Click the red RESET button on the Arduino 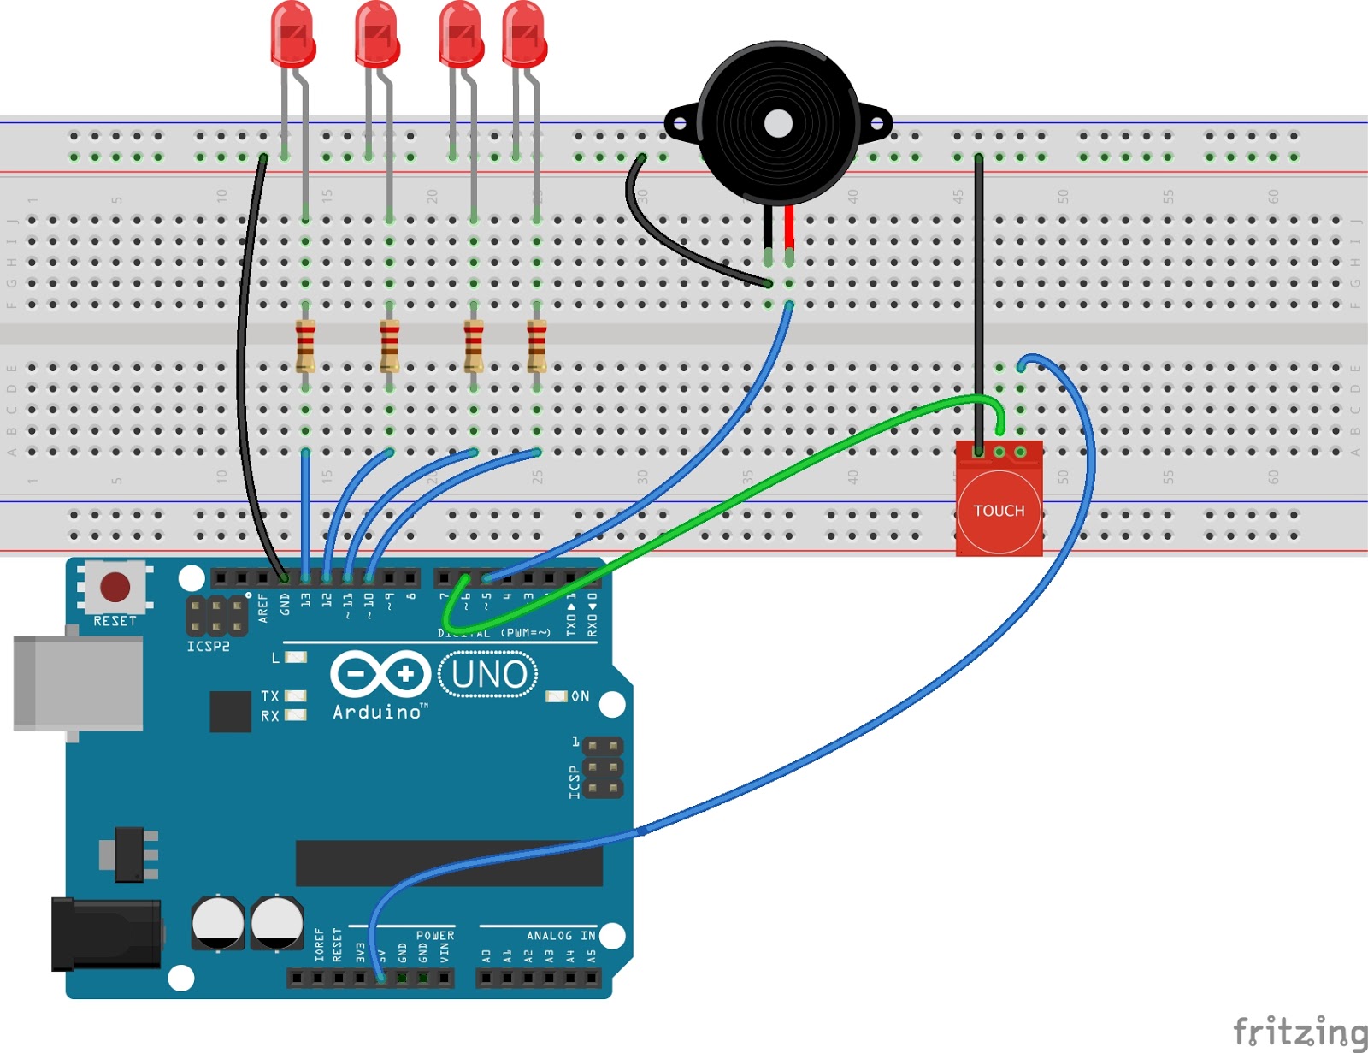(115, 588)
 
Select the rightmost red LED (524, 34)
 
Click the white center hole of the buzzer (778, 124)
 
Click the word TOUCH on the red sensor (999, 511)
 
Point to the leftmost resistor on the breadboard (305, 345)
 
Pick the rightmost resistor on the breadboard (536, 345)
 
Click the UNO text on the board (489, 675)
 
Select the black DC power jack (105, 934)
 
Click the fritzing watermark (1300, 1032)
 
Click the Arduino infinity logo (380, 675)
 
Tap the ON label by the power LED (581, 696)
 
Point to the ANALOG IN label (561, 936)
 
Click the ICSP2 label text (208, 647)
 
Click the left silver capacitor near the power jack (217, 922)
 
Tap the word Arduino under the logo (377, 712)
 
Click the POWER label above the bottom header (435, 936)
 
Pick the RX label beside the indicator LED (270, 716)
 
